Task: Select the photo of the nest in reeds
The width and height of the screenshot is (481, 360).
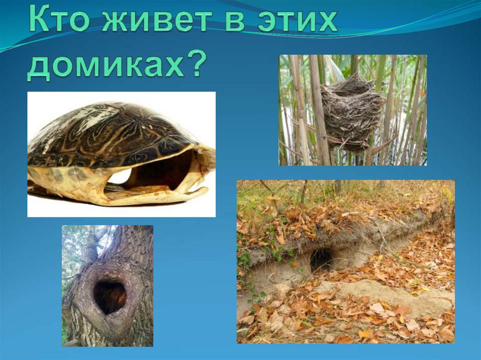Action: click(x=353, y=110)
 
